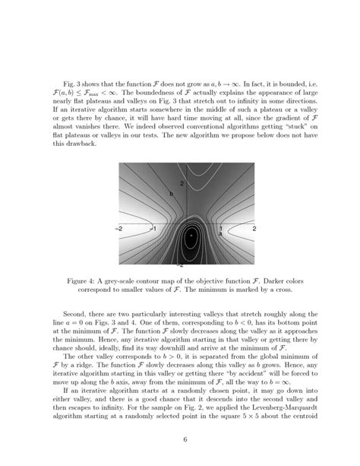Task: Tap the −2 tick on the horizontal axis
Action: [x=119, y=228]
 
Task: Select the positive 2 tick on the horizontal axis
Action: [x=255, y=228]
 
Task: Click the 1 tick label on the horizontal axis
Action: [x=221, y=228]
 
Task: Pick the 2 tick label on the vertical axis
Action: [x=182, y=185]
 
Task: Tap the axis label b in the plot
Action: [x=172, y=195]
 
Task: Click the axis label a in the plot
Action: [x=220, y=236]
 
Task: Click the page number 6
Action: [x=185, y=439]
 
